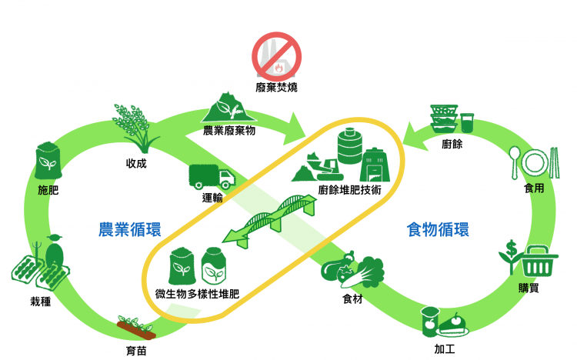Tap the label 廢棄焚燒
point(277,88)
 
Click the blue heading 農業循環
point(129,229)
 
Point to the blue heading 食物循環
point(438,229)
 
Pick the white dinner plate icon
point(534,162)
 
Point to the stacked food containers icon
point(444,119)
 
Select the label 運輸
point(213,198)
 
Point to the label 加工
point(444,348)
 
